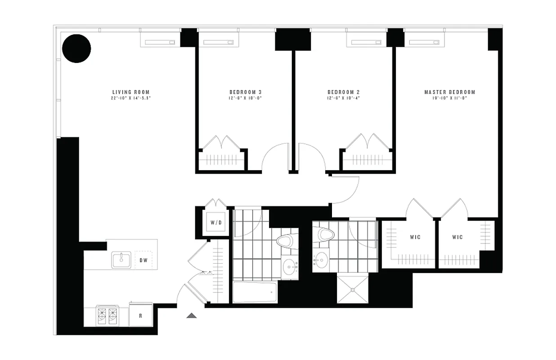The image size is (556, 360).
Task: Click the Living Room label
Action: (130, 92)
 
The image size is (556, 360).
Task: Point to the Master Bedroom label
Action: (450, 92)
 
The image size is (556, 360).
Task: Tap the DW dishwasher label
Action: (143, 260)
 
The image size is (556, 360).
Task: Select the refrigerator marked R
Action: (140, 315)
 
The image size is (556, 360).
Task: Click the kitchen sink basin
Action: (121, 260)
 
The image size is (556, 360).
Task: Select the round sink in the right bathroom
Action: (321, 259)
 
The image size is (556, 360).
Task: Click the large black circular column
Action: (76, 49)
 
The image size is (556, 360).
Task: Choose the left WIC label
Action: (415, 237)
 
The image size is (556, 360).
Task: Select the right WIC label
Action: (457, 237)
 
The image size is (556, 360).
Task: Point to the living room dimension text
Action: (130, 98)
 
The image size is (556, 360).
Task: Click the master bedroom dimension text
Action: (450, 98)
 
